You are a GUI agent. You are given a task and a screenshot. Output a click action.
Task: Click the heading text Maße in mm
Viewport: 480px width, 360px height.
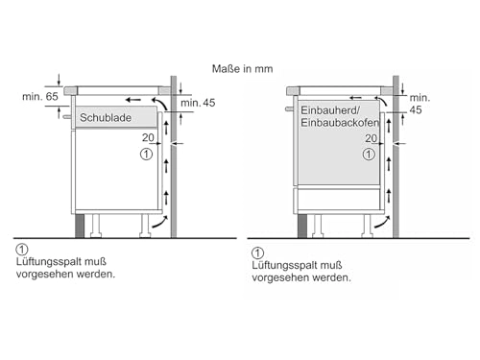242,69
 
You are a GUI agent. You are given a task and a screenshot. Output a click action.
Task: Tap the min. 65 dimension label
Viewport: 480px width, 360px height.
40,97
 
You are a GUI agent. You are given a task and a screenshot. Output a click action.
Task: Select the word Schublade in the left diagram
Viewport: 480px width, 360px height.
106,118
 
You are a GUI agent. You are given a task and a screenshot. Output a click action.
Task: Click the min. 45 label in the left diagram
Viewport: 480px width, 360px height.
198,103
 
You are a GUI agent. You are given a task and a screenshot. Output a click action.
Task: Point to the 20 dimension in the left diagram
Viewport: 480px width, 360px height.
148,137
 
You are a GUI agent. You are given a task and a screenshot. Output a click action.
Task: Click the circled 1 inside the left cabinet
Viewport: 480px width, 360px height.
146,155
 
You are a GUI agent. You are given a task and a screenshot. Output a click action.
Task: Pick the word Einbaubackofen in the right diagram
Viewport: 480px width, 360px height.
340,123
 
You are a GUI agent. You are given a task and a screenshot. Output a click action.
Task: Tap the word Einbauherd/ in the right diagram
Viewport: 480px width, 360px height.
330,110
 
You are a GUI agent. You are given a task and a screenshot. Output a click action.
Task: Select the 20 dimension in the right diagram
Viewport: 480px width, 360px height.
372,138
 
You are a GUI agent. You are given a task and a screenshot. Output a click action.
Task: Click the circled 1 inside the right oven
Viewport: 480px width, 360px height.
369,155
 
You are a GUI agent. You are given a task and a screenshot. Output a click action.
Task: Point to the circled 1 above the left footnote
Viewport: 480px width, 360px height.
22,250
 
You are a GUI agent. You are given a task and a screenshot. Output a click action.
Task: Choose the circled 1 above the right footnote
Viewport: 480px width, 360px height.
257,253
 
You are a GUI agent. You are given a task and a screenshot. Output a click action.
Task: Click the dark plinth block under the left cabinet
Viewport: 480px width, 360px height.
80,226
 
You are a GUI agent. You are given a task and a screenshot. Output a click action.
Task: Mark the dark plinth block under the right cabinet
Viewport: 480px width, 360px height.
302,226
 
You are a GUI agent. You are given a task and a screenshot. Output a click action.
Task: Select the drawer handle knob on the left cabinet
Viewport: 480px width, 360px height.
67,117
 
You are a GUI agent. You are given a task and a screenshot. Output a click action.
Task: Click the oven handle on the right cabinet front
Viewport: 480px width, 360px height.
290,109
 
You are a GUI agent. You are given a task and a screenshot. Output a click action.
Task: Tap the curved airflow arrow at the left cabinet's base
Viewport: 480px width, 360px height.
160,223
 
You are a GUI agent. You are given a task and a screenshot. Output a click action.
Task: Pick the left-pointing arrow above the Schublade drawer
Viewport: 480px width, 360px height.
133,100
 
